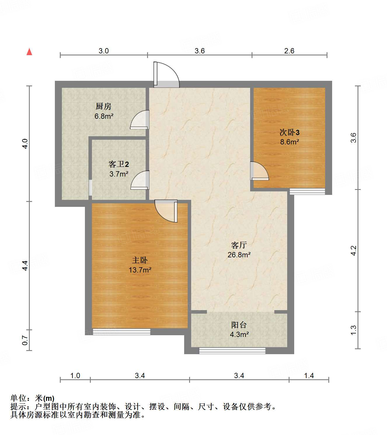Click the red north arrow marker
pos(29,52)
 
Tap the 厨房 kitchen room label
pos(104,106)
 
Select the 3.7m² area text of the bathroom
pos(119,174)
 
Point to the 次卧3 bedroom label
pos(289,132)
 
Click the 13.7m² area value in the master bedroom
pos(140,270)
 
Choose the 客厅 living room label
pos(239,245)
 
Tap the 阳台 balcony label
pos(239,325)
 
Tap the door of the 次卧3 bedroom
pos(259,171)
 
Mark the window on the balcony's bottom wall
pos(232,350)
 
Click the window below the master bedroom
pos(121,332)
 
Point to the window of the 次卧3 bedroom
pos(307,191)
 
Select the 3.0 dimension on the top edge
pos(103,51)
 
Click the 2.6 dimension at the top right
pos(289,51)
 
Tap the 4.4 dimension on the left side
pos(25,265)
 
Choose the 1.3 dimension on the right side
pos(353,330)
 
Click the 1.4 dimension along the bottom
pos(309,375)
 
